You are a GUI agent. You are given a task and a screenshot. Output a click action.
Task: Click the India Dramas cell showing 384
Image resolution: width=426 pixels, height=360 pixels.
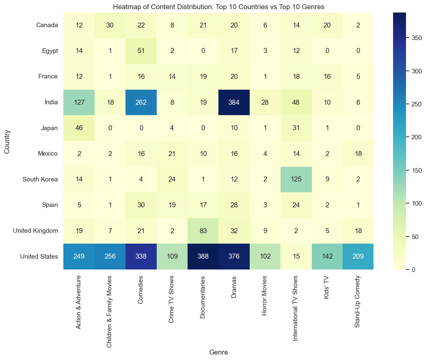click(234, 102)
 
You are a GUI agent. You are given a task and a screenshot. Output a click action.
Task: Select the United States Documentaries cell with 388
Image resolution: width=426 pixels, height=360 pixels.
click(203, 257)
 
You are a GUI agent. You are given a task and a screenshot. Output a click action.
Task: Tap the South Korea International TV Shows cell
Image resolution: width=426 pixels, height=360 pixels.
click(296, 179)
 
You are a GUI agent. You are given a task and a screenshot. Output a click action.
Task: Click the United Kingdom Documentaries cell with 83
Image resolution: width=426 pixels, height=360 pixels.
click(203, 231)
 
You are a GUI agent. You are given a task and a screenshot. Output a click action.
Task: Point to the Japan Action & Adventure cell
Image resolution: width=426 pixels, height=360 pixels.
click(79, 128)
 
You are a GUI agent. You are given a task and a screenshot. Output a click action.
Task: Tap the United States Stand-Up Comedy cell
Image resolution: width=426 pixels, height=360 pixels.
click(358, 257)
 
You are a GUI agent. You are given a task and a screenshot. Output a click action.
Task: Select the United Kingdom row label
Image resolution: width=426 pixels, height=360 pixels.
click(35, 231)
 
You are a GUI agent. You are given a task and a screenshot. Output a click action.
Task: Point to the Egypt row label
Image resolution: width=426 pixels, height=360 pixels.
click(50, 51)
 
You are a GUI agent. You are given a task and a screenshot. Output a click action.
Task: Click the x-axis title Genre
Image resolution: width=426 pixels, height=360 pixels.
click(218, 352)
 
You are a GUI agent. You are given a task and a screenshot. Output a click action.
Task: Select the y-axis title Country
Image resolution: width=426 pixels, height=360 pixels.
click(7, 141)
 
